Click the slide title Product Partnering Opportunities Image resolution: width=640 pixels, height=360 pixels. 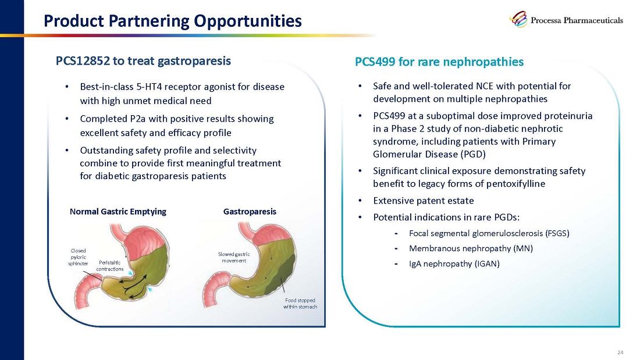(173, 21)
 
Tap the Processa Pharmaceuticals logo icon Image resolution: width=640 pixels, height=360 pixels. (518, 19)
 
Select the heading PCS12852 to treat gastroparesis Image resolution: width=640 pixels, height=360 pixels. (143, 61)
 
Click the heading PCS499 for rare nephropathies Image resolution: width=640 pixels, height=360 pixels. (439, 62)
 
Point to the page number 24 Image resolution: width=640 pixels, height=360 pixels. (620, 352)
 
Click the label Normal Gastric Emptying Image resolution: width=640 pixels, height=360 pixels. (118, 212)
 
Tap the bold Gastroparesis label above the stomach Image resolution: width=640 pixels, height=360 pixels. (250, 212)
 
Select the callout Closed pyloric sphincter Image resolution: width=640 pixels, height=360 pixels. (78, 257)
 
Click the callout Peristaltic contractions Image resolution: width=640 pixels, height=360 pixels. (110, 266)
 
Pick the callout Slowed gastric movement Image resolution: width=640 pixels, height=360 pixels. (234, 257)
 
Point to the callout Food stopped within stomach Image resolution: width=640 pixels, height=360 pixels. (300, 303)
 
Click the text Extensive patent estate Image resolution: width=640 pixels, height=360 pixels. (423, 201)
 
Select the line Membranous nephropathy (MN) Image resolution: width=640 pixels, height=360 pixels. (471, 248)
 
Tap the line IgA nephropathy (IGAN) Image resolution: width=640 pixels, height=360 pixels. (454, 263)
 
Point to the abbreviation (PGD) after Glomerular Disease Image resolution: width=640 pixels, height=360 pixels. (473, 154)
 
